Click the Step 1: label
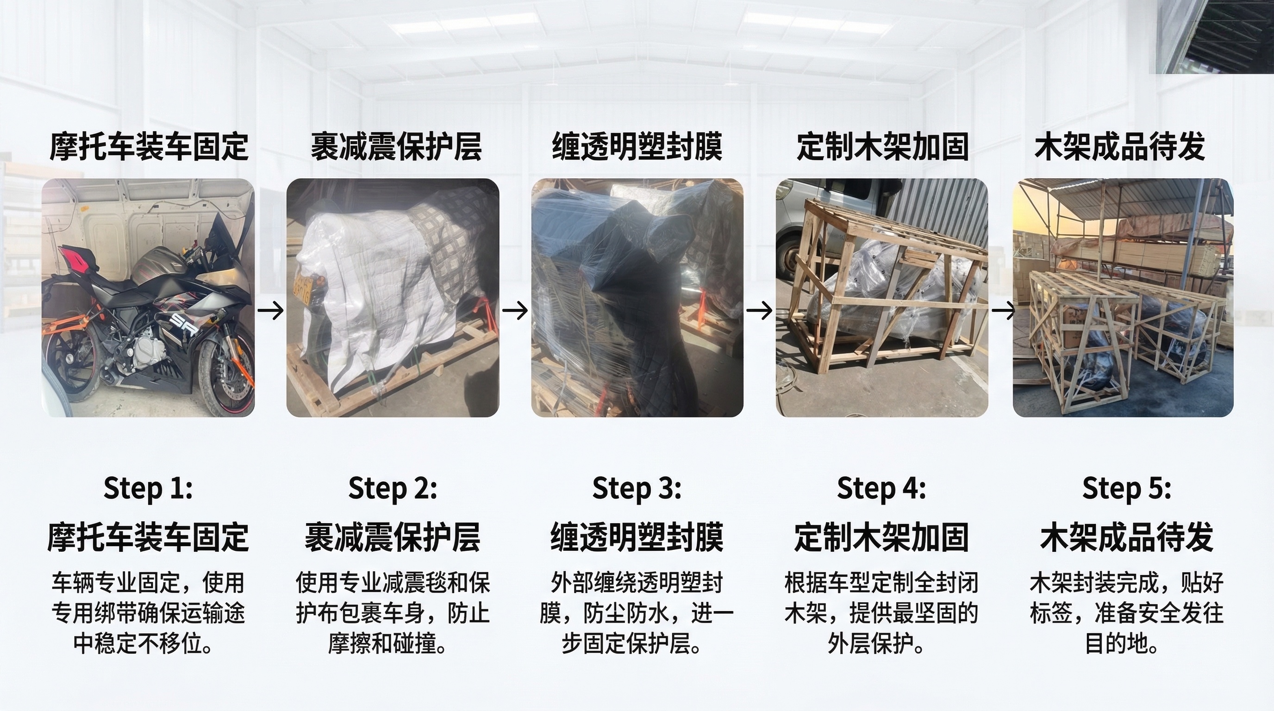tap(148, 488)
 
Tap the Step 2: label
tap(393, 488)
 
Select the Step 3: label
tap(637, 488)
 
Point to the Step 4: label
tap(881, 488)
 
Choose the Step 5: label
tap(1127, 488)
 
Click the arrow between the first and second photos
tap(270, 311)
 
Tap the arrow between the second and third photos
tap(515, 311)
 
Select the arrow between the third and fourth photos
tap(759, 311)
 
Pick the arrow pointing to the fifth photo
tap(1004, 311)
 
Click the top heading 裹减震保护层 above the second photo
tap(396, 146)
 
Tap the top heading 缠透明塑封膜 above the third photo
tap(637, 146)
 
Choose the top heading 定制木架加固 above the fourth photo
tap(882, 146)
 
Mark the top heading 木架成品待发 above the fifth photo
tap(1120, 146)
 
